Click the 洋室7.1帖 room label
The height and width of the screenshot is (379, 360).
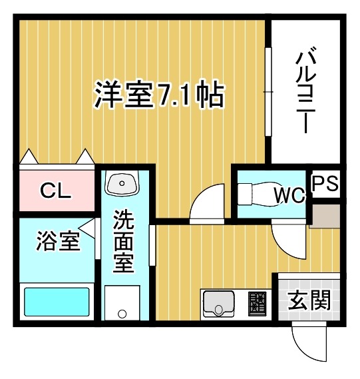click(158, 96)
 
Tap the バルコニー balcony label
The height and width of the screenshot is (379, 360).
click(305, 89)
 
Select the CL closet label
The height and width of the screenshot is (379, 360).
click(55, 192)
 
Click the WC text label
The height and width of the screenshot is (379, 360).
click(289, 196)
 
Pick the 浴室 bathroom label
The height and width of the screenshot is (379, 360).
click(58, 241)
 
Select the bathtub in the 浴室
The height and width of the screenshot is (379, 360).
click(57, 302)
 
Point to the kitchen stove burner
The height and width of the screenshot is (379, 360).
click(259, 304)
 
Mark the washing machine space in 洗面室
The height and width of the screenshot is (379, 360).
click(122, 304)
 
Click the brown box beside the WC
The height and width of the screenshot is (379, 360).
click(327, 216)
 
